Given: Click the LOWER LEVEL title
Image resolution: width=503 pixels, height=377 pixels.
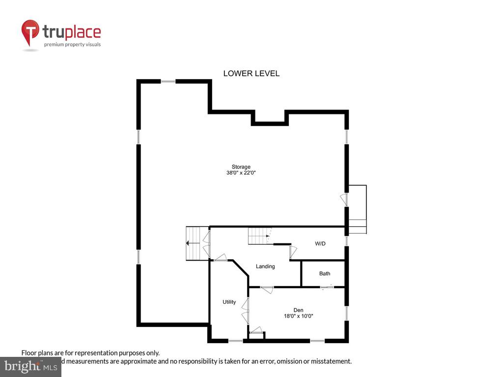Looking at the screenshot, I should [251, 74].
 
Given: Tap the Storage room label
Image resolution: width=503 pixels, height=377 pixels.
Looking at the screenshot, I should [241, 167].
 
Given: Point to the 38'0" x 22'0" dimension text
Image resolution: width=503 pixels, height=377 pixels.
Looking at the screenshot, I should [241, 173].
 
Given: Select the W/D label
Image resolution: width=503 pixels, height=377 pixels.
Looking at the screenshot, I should [320, 244].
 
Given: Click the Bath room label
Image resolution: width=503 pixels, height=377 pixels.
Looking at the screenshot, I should [325, 273].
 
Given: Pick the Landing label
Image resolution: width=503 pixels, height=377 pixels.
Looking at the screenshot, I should [265, 267].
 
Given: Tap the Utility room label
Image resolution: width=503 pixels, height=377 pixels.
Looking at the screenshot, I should [229, 302].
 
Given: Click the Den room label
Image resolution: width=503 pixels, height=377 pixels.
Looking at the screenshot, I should [298, 310].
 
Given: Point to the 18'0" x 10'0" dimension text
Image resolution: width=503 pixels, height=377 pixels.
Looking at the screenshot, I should [298, 316].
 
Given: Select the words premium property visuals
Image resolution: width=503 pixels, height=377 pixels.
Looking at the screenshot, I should [72, 45].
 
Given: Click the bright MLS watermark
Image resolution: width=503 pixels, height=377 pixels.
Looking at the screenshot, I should [30, 366].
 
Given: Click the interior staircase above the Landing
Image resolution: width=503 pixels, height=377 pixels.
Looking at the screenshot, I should [259, 236].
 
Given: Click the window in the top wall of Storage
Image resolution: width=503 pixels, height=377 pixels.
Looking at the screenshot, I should [168, 81].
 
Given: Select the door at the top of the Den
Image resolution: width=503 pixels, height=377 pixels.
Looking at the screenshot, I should [267, 289].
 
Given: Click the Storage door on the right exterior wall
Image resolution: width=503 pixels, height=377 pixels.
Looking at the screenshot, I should [344, 199].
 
